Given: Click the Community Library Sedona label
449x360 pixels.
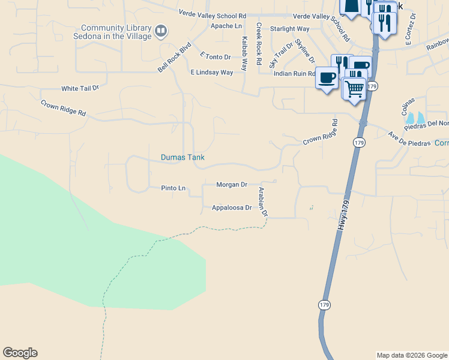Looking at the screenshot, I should [117, 32].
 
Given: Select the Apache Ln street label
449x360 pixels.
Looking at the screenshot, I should [226, 26].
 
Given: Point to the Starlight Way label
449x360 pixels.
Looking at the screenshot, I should [289, 29].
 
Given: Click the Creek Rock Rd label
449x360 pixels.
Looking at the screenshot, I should [259, 44].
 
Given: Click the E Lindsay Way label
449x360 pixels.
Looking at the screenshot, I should [211, 72].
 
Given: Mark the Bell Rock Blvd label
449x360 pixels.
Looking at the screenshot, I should [174, 58].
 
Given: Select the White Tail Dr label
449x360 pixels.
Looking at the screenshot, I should [80, 88].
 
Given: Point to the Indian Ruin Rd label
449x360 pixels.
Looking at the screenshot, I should [294, 74].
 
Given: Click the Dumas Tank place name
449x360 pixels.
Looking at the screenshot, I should [182, 158].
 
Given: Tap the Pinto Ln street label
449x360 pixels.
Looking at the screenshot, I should [173, 188].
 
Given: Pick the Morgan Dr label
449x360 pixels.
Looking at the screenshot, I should [232, 185].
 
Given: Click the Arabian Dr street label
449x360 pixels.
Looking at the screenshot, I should [262, 201].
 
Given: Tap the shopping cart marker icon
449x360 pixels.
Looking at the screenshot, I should [355, 88].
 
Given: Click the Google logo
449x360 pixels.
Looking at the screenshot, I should [20, 353].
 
